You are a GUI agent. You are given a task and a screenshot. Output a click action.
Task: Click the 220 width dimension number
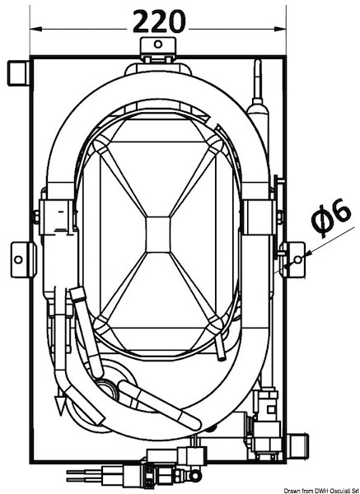point(159,21)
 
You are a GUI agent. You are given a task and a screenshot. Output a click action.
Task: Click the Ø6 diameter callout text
point(330,217)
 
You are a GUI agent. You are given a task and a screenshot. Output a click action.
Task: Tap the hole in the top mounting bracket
point(158,44)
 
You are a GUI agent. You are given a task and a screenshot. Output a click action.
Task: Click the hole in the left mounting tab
point(19,260)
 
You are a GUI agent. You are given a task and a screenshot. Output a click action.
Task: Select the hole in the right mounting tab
point(298,259)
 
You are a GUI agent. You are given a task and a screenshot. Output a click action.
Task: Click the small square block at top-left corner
point(18,73)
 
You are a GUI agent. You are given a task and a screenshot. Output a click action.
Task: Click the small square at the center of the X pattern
point(158,235)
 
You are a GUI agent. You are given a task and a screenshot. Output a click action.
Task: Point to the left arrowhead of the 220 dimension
point(36,30)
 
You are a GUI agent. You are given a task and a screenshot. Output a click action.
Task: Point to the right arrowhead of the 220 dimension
point(280,30)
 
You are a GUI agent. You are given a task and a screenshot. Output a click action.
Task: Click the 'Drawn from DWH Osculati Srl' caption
point(321,491)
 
